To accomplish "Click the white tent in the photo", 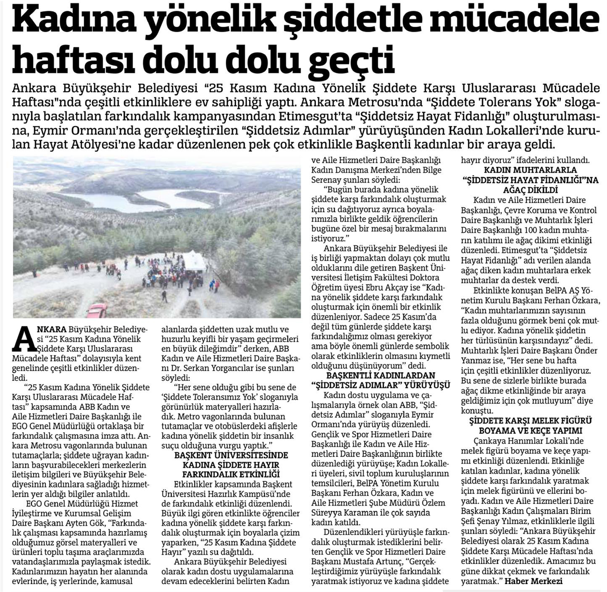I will pos(194,261).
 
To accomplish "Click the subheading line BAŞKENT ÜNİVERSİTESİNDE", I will pos(231,455).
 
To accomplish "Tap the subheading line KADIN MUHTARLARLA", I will pos(530,170).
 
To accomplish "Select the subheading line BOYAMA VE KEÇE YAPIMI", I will pos(530,430).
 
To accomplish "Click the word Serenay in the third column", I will pos(329,180).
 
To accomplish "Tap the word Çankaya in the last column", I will pos(489,441).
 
